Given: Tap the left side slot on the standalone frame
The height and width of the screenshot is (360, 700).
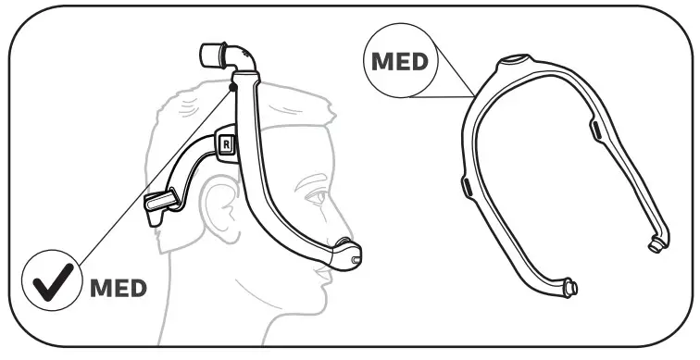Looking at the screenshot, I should click(x=467, y=189).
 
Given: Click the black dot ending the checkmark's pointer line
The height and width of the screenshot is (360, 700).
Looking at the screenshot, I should click(x=231, y=85).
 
